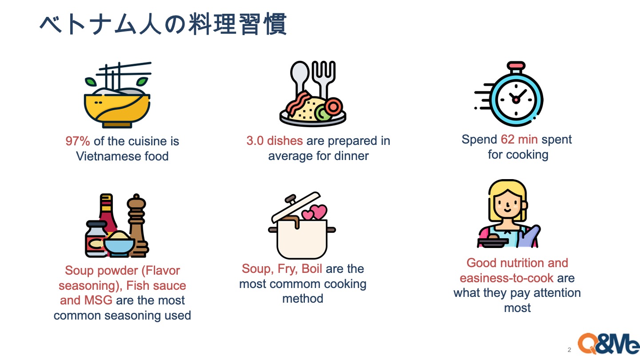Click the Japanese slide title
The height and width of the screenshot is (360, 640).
pyautogui.click(x=163, y=24)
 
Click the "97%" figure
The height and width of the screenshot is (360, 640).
pyautogui.click(x=77, y=141)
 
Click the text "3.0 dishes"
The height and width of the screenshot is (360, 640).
pyautogui.click(x=275, y=141)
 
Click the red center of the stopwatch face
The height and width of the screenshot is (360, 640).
pyautogui.click(x=516, y=100)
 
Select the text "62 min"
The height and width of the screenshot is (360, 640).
pyautogui.click(x=519, y=140)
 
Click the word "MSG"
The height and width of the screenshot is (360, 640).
pyautogui.click(x=98, y=300)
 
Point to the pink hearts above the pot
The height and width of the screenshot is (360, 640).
pyautogui.click(x=315, y=212)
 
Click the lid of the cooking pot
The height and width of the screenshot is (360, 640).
pyautogui.click(x=296, y=207)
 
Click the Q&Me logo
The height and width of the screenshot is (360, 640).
pyautogui.click(x=608, y=344)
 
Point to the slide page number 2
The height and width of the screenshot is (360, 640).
pyautogui.click(x=569, y=350)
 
